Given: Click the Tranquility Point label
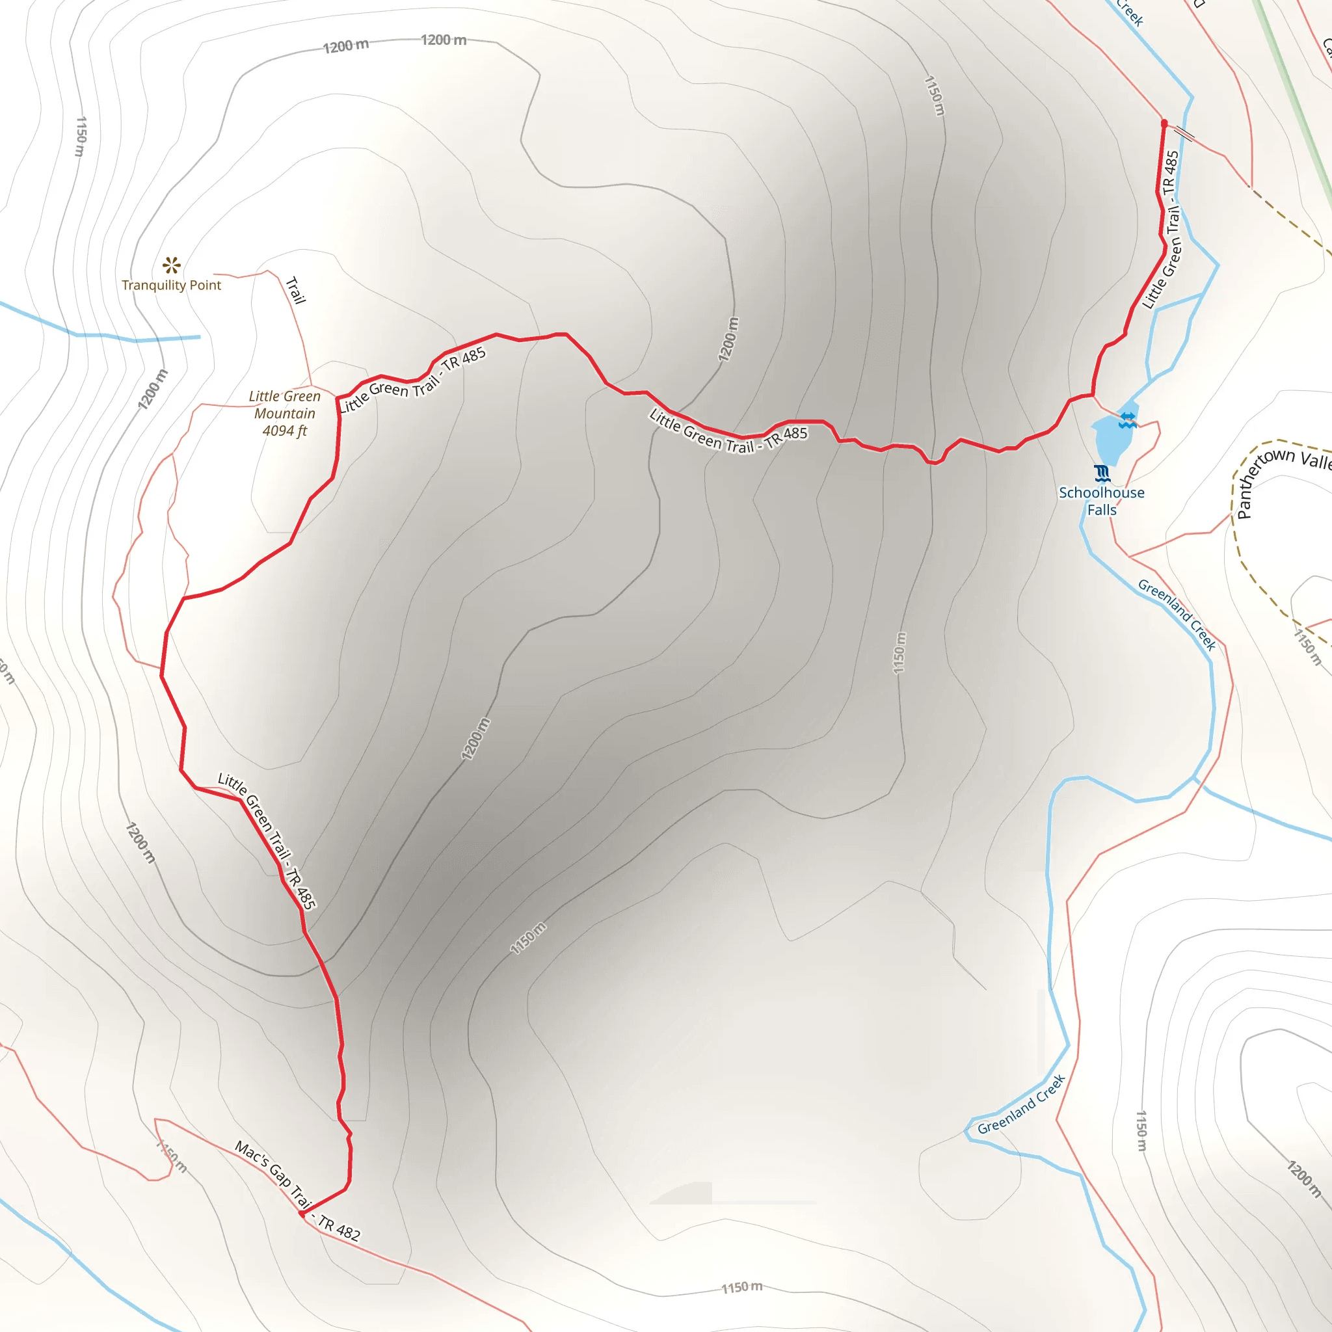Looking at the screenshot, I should click(x=171, y=285).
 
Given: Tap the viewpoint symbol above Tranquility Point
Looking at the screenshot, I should click(x=171, y=265).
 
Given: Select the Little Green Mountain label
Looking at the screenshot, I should click(x=285, y=405).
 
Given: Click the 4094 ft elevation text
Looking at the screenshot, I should click(x=285, y=431).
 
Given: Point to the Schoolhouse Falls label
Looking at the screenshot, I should click(x=1101, y=501).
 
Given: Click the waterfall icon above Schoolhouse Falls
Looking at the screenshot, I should click(x=1102, y=473).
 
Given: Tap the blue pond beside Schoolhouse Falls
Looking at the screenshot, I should click(x=1112, y=439).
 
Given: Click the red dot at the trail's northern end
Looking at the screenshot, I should click(x=1164, y=124).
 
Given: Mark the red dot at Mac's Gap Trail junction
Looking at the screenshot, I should click(x=302, y=1214).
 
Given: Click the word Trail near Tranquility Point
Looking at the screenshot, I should click(x=295, y=290).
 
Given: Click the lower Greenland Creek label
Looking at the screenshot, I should click(x=1021, y=1104).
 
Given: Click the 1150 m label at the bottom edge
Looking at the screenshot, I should click(x=742, y=1287).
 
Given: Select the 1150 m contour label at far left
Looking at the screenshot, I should click(x=81, y=137).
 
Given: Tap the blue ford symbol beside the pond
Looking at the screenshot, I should click(x=1128, y=420).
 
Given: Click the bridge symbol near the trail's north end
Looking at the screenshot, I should click(x=1184, y=133).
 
